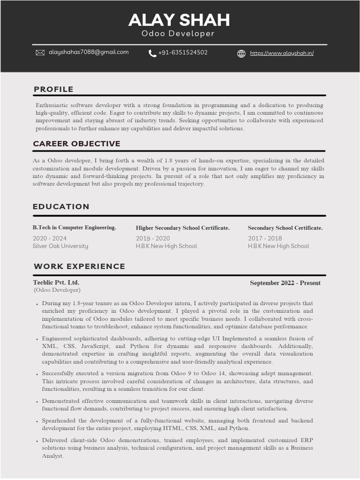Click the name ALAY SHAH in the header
tap(179, 20)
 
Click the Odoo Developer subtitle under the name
tap(178, 34)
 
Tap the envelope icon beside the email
tap(40, 52)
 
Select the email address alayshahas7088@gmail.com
tap(89, 52)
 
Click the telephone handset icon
tap(152, 53)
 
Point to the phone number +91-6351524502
tap(183, 52)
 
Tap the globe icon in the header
tap(241, 53)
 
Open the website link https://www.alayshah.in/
tap(282, 53)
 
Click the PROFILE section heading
tap(53, 89)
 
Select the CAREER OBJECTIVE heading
tap(76, 143)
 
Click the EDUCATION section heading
tap(61, 206)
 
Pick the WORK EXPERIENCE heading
tap(79, 266)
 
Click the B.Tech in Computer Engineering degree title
tap(75, 227)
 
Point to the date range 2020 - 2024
tap(50, 238)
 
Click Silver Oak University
tap(60, 246)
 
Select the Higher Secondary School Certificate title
tap(183, 228)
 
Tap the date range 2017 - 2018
tap(265, 238)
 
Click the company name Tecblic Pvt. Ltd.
tap(56, 282)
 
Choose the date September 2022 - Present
tap(285, 283)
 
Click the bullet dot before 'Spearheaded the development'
tap(37, 421)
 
